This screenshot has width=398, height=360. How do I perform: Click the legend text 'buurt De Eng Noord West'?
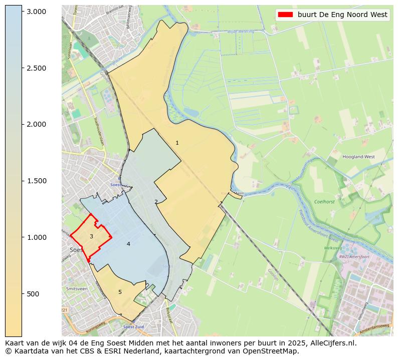point(342,15)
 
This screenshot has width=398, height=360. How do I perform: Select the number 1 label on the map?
point(177,143)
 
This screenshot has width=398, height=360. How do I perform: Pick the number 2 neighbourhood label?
point(156,202)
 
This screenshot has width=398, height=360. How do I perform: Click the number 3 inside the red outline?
point(91,236)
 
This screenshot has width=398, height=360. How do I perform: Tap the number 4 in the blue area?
point(128,244)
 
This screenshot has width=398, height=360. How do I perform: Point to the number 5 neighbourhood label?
point(120,292)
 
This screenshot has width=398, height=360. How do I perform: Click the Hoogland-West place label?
point(358,157)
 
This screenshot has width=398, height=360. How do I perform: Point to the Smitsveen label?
point(76,289)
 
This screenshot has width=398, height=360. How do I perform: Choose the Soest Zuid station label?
point(133,327)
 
